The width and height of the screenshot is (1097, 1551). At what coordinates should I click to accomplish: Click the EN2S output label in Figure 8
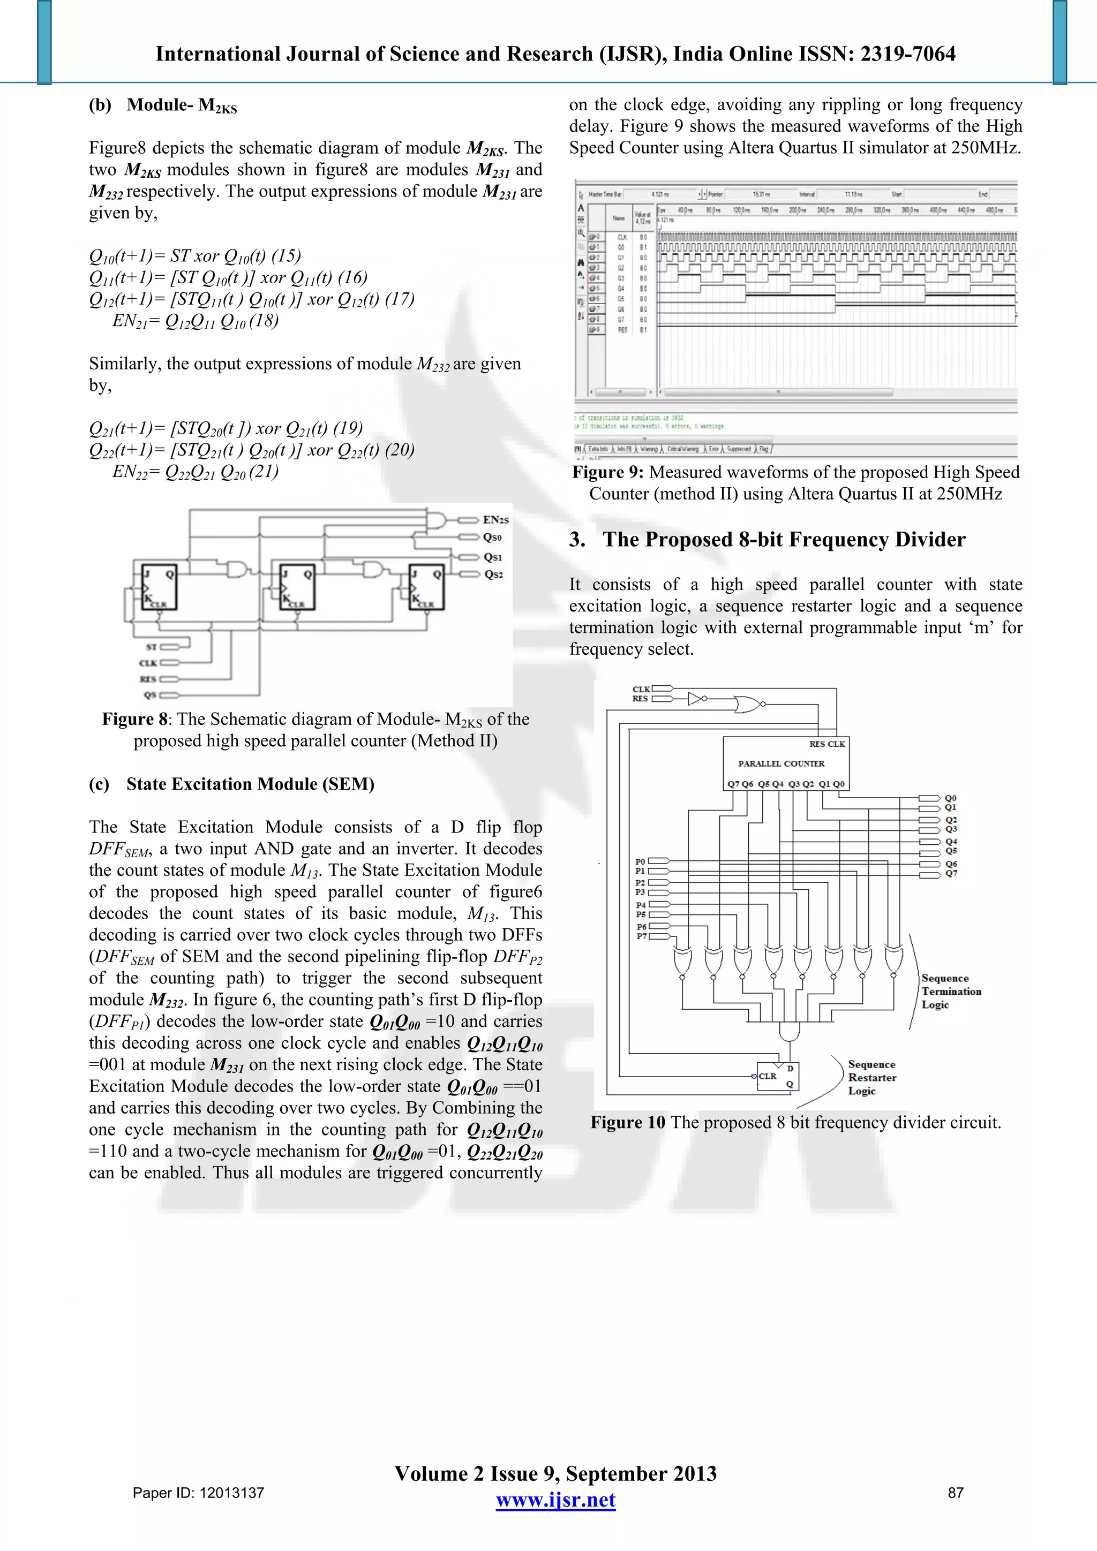495,519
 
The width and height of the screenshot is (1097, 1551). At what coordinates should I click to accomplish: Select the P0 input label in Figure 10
640,861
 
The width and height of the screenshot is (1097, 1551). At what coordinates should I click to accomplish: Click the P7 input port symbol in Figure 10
659,936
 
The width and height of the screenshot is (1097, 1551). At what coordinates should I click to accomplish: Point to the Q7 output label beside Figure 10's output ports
951,873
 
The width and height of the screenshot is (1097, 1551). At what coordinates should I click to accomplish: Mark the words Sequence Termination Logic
950,991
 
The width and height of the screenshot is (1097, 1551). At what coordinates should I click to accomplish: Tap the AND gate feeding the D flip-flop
788,1032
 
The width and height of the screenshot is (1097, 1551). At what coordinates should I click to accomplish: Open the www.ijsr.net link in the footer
555,1500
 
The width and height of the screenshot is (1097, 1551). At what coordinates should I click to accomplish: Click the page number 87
955,1493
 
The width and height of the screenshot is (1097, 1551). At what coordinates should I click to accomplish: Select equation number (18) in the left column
264,320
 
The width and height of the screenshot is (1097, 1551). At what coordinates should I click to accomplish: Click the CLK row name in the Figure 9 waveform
622,237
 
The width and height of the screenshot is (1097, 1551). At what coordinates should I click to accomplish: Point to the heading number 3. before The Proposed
576,540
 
